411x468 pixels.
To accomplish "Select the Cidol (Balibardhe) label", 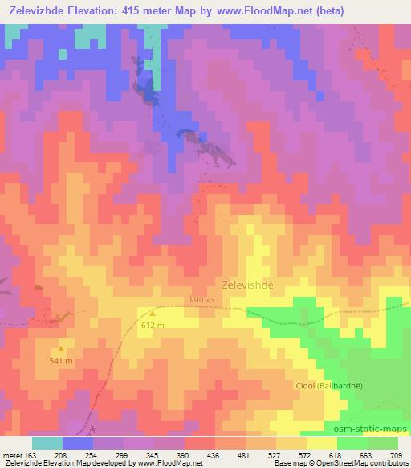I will (x=329, y=386).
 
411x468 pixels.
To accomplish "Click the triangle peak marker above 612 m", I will (x=153, y=314).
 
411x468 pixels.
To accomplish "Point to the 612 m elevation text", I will (x=153, y=326).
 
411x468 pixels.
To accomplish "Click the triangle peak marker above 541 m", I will (x=61, y=349).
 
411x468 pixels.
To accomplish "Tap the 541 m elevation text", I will (x=61, y=361).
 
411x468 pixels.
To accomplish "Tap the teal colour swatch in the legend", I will (x=47, y=443).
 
